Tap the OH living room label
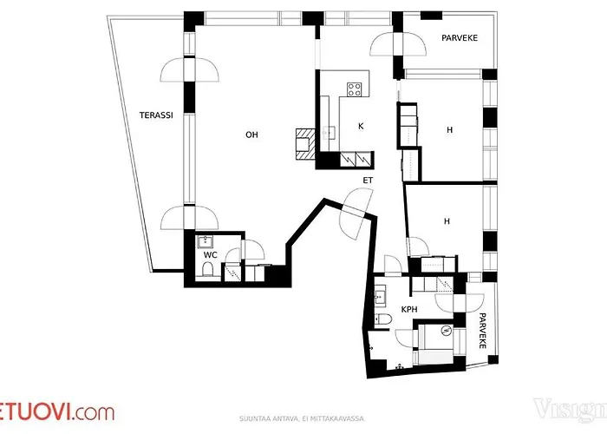(251, 135)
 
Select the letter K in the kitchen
(360, 127)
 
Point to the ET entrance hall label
(368, 181)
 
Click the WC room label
(210, 255)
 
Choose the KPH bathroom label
(409, 309)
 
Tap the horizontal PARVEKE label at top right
(460, 38)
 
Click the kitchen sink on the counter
(330, 132)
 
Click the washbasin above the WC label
(206, 242)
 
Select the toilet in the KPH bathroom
(385, 322)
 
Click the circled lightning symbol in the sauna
(447, 330)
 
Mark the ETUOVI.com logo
(57, 411)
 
